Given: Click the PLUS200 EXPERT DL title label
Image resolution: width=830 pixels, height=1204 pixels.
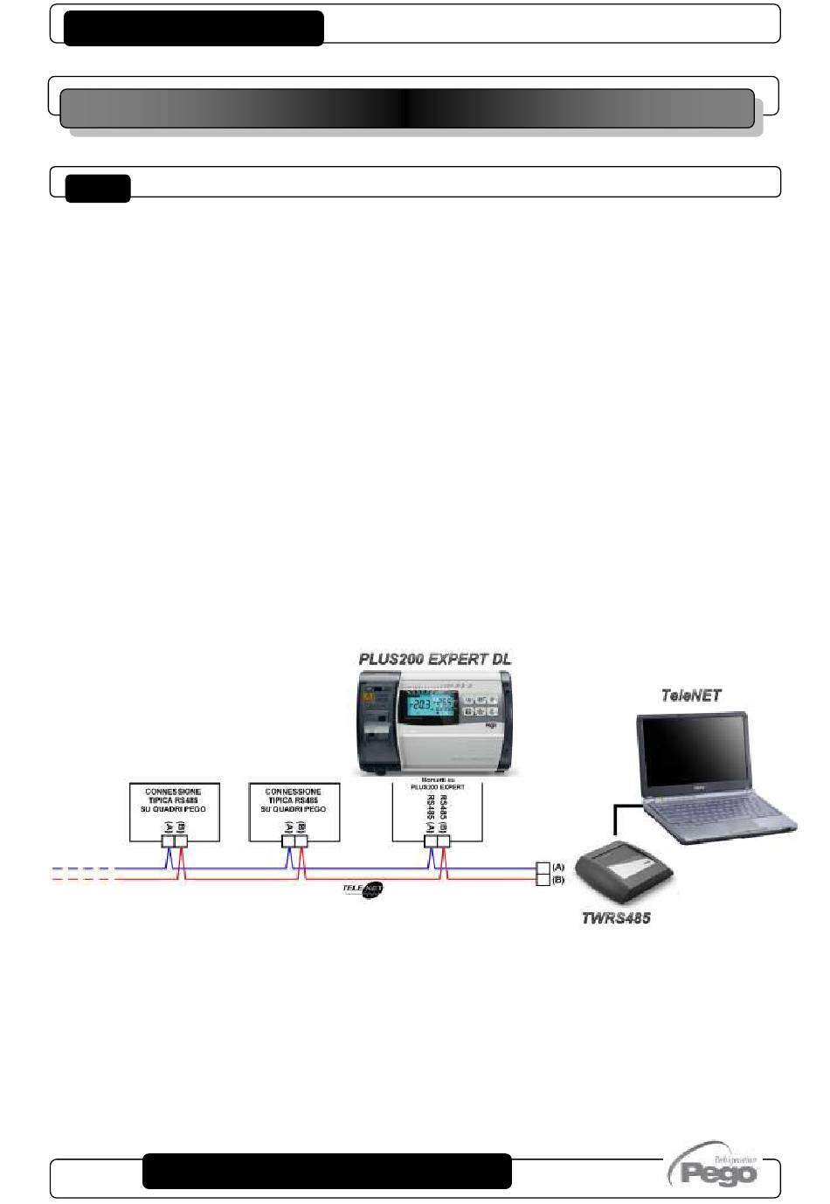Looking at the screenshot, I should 435,659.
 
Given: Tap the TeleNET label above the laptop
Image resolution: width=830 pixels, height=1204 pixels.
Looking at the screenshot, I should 690,695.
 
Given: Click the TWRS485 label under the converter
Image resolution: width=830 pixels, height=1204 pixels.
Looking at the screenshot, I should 616,918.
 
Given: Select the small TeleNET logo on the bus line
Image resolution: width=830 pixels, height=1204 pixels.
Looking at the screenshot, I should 363,889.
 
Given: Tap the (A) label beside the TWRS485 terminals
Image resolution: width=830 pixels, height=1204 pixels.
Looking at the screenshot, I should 558,867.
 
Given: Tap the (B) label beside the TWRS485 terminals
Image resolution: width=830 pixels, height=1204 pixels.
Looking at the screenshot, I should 558,880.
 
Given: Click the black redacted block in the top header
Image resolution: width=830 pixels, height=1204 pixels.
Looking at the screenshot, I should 194,28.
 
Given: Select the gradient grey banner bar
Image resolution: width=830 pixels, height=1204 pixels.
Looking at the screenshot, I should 406,108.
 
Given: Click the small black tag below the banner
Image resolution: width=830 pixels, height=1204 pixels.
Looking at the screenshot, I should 98,188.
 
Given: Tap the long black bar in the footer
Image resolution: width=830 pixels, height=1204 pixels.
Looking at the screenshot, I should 327,1171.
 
